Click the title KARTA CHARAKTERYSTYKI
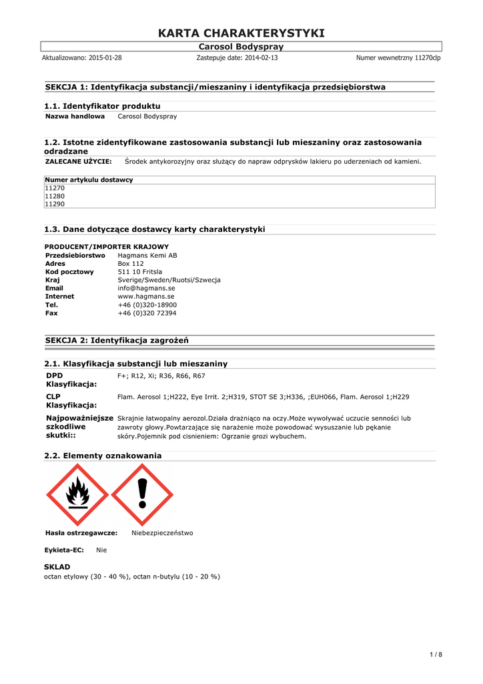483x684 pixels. pyautogui.click(x=241, y=33)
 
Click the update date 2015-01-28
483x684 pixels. pyautogui.click(x=105, y=58)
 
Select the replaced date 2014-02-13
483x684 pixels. pyautogui.click(x=260, y=58)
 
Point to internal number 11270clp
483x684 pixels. pyautogui.click(x=427, y=58)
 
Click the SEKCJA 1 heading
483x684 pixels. pyautogui.click(x=215, y=87)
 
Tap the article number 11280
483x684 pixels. pyautogui.click(x=55, y=196)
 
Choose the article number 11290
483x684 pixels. pyautogui.click(x=55, y=204)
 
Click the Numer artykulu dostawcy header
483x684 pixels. pyautogui.click(x=89, y=180)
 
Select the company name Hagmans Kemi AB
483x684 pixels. pyautogui.click(x=147, y=255)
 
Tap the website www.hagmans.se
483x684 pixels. pyautogui.click(x=146, y=296)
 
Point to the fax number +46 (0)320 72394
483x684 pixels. pyautogui.click(x=147, y=313)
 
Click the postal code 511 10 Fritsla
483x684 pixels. pyautogui.click(x=140, y=272)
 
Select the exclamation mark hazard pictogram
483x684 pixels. pyautogui.click(x=142, y=494)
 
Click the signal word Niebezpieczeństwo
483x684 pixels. pyautogui.click(x=162, y=533)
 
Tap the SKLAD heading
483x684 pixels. pyautogui.click(x=57, y=566)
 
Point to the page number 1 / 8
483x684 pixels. pyautogui.click(x=435, y=654)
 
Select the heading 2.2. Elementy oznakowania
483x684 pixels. pyautogui.click(x=103, y=456)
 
